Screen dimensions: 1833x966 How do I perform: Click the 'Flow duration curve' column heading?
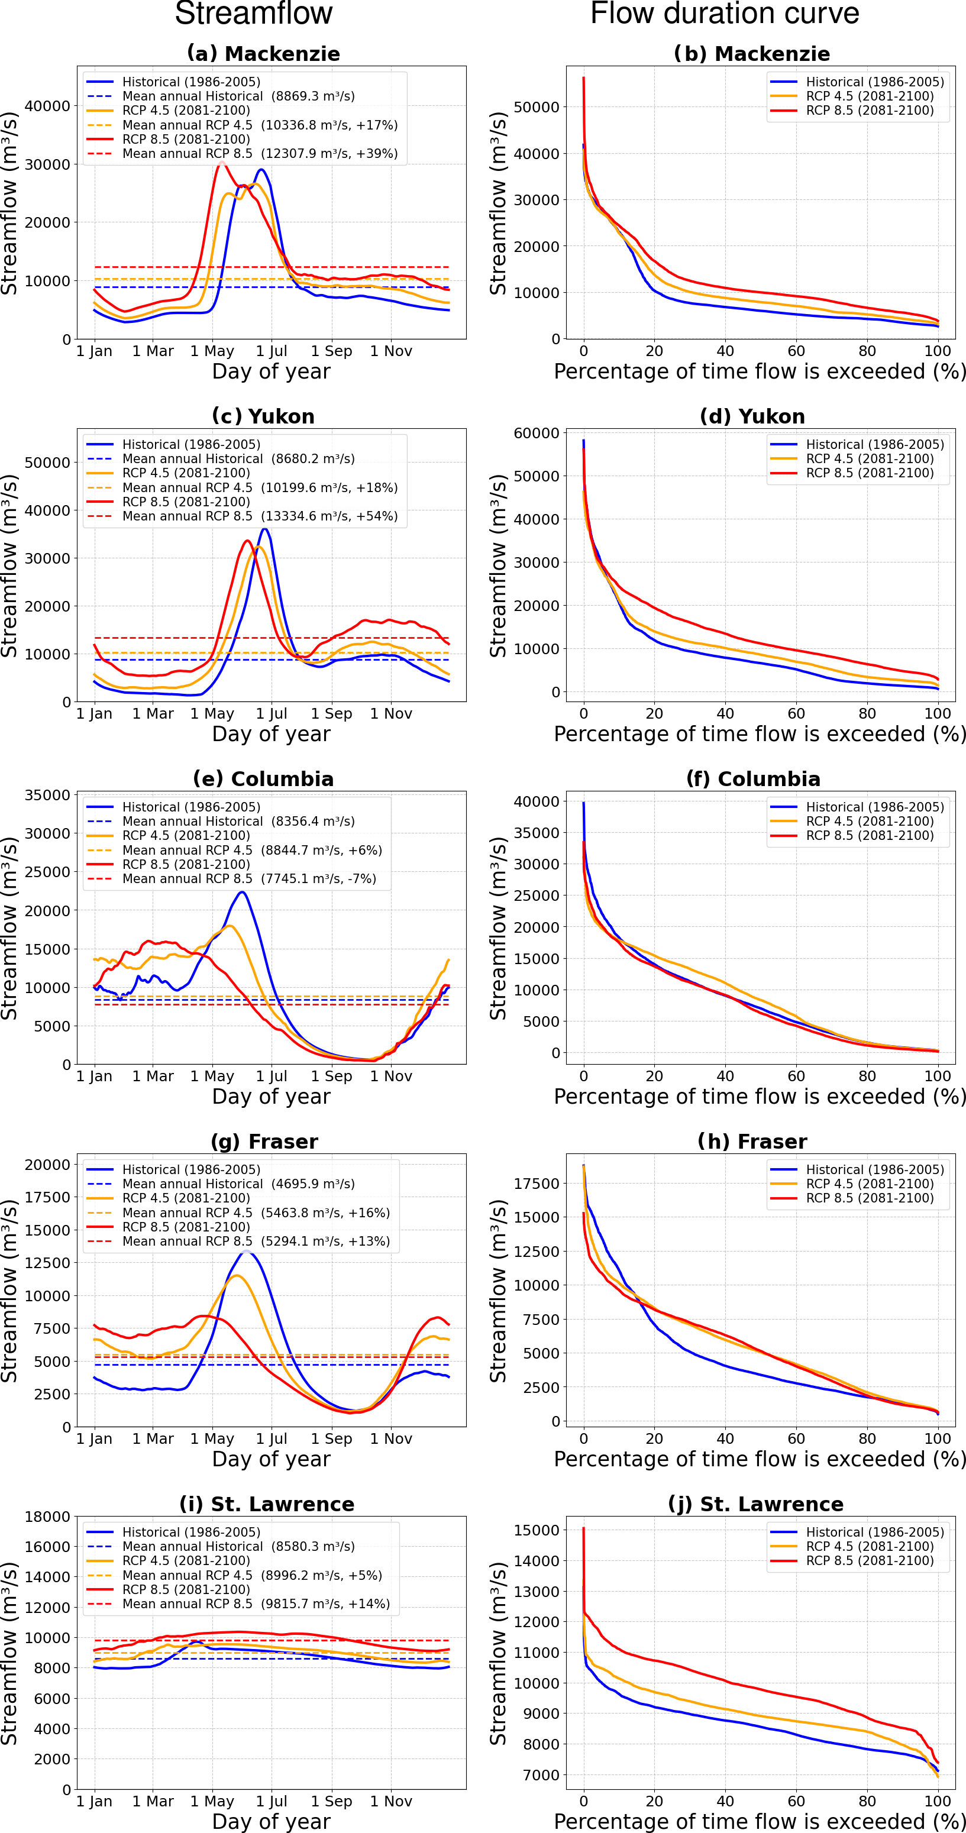point(725,14)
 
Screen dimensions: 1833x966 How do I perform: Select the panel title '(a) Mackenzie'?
point(263,53)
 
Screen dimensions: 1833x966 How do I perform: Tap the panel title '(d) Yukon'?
point(752,416)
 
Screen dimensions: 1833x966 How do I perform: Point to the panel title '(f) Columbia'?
point(753,778)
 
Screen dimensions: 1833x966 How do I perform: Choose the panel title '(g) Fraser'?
point(264,1142)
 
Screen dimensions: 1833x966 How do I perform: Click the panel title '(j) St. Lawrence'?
point(755,1504)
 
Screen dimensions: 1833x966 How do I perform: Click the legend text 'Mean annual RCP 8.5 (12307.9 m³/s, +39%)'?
point(260,154)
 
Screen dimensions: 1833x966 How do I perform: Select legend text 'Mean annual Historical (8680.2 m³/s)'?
point(238,459)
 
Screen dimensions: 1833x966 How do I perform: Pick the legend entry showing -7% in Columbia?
point(249,879)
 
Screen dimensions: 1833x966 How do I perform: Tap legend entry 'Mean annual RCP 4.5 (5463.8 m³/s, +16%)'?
point(256,1213)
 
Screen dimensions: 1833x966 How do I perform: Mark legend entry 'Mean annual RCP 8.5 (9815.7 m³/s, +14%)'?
point(256,1604)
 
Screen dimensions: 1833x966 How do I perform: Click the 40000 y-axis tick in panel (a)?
point(47,106)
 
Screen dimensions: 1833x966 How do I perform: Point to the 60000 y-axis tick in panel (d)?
point(536,432)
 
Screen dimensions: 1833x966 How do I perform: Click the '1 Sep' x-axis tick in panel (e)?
point(331,1076)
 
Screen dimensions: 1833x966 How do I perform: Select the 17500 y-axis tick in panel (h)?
point(536,1184)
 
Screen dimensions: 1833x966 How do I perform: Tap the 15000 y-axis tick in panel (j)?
point(536,1530)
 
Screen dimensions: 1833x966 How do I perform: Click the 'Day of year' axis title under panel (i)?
point(271,1821)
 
